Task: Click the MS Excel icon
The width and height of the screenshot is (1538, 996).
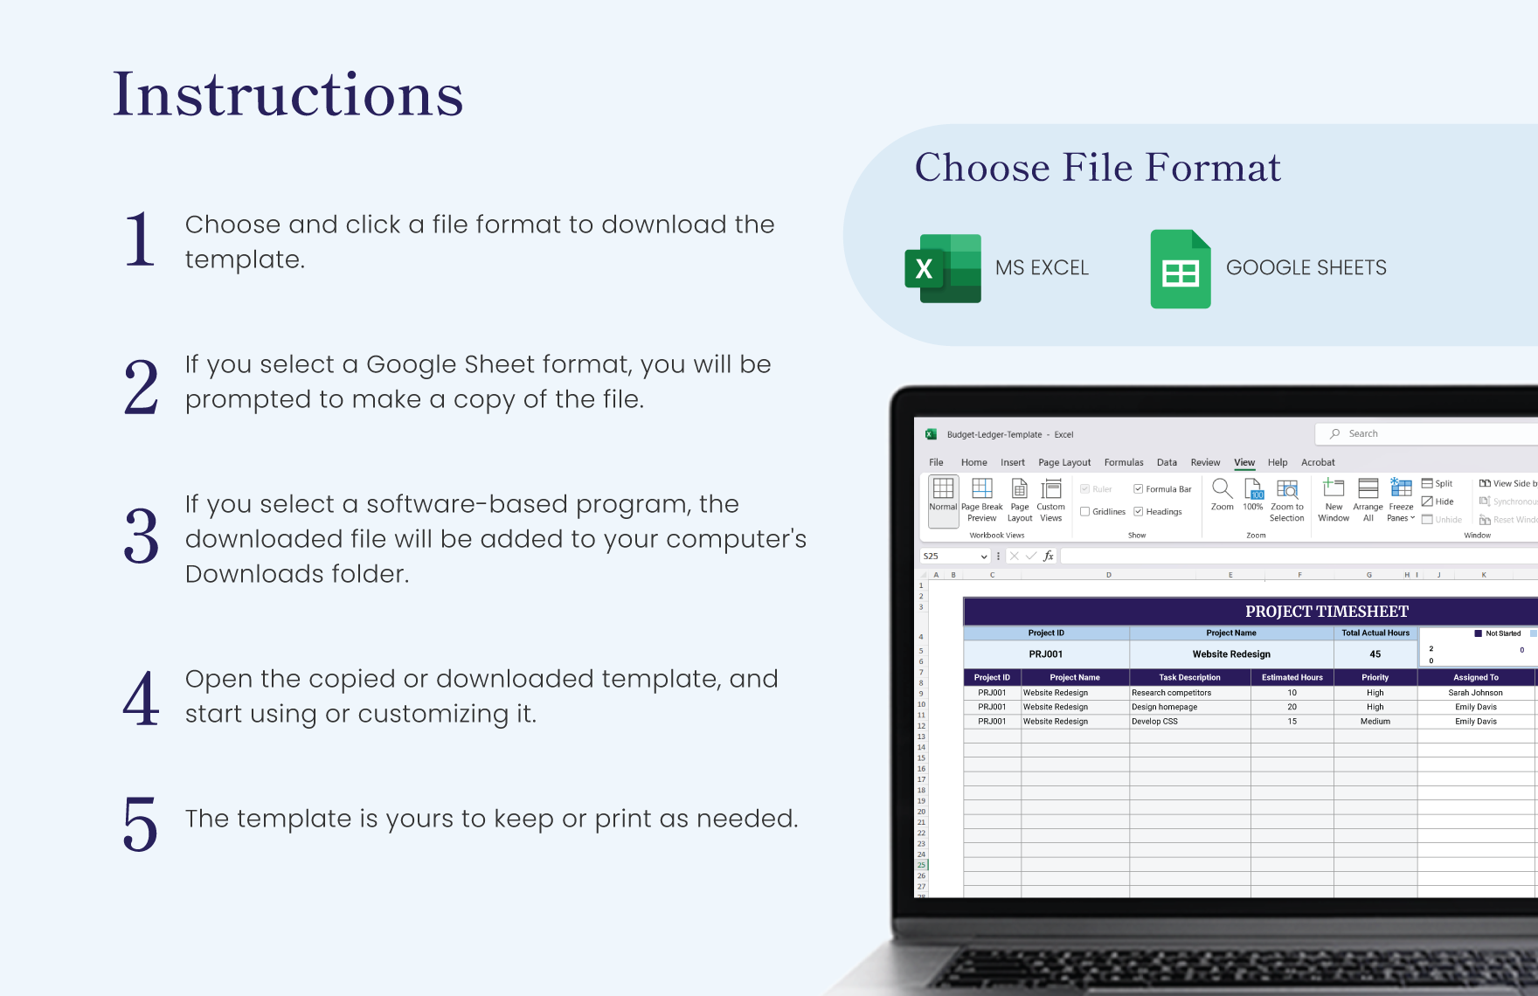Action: click(943, 268)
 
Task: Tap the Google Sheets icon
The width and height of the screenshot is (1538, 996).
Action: click(1180, 269)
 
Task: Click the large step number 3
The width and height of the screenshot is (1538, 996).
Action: click(141, 536)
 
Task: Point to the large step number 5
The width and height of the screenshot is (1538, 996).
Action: click(141, 823)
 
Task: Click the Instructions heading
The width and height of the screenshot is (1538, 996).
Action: click(288, 94)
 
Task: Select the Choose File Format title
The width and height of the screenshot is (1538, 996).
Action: click(1097, 167)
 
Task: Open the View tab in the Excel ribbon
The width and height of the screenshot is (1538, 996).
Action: click(1244, 462)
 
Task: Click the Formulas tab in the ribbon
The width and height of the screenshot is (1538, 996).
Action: click(1123, 462)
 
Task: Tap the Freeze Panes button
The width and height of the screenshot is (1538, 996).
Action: click(1401, 500)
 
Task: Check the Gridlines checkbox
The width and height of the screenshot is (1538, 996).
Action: click(1085, 512)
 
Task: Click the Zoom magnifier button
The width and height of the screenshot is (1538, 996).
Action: click(1222, 495)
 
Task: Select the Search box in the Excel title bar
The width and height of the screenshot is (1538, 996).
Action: click(1424, 433)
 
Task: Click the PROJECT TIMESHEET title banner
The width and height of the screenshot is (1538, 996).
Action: click(1326, 612)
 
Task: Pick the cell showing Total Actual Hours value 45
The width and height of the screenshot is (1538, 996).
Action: click(1375, 654)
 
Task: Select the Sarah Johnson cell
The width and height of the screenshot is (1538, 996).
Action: click(1475, 693)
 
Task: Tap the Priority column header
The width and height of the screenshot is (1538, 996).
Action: click(1375, 677)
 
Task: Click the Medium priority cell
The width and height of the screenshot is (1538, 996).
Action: click(1375, 722)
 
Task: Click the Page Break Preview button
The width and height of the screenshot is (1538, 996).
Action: click(981, 500)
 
